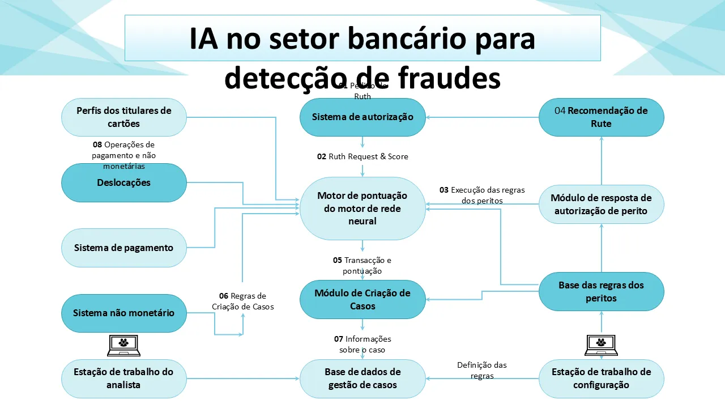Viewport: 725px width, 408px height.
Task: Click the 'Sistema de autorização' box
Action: tap(362, 117)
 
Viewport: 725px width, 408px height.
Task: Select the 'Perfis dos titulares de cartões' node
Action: tap(123, 117)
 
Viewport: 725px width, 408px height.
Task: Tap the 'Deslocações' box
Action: tap(123, 182)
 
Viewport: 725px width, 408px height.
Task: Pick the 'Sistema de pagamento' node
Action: tap(123, 248)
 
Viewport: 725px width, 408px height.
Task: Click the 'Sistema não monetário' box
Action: tap(123, 313)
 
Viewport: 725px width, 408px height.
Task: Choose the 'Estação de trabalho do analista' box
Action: tap(123, 379)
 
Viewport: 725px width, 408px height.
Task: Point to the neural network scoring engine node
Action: tap(362, 208)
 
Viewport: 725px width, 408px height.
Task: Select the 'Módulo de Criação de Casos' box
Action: tap(362, 299)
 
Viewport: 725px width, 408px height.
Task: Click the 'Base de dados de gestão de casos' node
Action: tap(362, 379)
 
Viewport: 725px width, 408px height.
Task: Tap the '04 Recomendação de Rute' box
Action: tap(601, 117)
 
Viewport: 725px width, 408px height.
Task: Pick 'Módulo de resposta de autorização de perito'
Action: tap(601, 204)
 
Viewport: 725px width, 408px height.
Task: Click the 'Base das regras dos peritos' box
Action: tap(601, 291)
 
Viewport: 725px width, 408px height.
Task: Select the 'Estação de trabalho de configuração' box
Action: tap(601, 379)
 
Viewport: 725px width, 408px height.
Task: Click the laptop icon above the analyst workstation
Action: tap(123, 345)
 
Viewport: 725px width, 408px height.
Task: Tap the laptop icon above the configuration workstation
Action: tap(601, 345)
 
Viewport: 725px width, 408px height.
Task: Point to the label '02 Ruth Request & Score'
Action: tap(362, 156)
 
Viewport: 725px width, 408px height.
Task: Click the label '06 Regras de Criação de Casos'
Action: tap(243, 301)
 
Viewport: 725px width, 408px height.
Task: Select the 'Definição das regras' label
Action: tap(482, 370)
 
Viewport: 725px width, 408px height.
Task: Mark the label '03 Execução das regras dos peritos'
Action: tap(482, 195)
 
